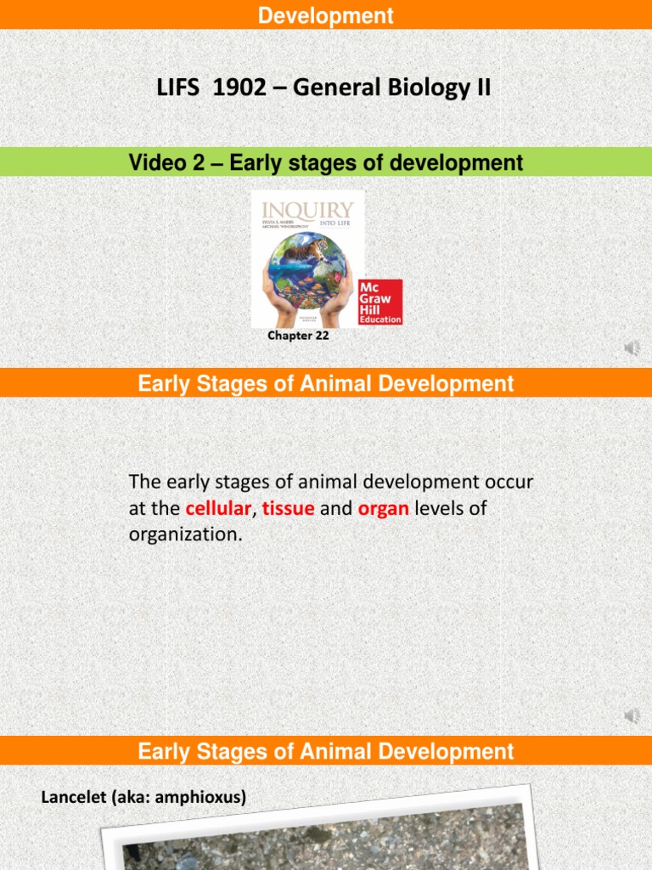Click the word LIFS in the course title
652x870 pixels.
point(178,88)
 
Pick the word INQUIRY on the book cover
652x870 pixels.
point(306,210)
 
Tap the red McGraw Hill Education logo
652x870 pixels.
point(380,302)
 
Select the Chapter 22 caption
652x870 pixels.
point(298,336)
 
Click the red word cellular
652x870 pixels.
point(218,509)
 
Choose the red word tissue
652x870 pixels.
point(289,509)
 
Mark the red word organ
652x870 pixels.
point(385,509)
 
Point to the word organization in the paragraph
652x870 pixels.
point(184,535)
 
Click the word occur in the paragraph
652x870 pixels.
point(508,483)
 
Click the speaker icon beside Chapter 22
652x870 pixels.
point(632,348)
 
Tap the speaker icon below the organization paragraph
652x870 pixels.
point(632,716)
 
